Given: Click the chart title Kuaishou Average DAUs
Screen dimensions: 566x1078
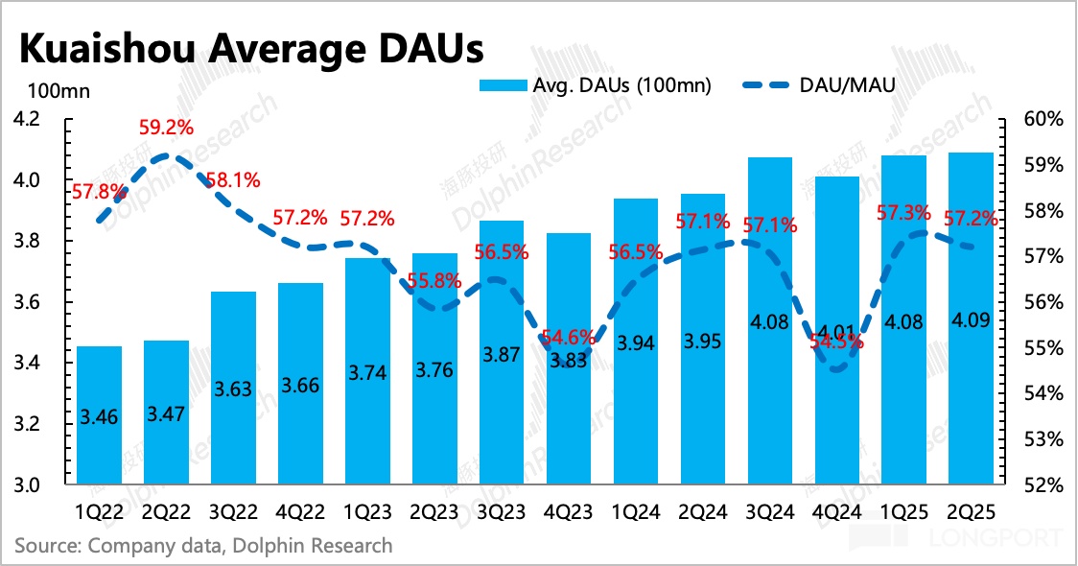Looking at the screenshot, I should [x=249, y=45].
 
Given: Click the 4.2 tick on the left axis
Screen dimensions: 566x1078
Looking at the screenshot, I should [x=26, y=120].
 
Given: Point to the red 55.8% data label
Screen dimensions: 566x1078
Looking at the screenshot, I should [x=434, y=282].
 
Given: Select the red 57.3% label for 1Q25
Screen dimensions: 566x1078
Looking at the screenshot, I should [x=903, y=213].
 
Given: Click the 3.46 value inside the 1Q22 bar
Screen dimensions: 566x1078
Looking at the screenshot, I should [x=99, y=417].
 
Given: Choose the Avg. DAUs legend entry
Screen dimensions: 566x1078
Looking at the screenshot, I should [x=595, y=85].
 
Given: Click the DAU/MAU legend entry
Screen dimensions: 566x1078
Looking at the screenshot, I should [x=820, y=85].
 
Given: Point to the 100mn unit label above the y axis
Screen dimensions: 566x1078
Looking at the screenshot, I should [x=58, y=92].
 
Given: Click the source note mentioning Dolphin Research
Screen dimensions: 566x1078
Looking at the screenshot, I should [x=203, y=546].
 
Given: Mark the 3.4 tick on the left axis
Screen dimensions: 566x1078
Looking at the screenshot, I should [x=26, y=364].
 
